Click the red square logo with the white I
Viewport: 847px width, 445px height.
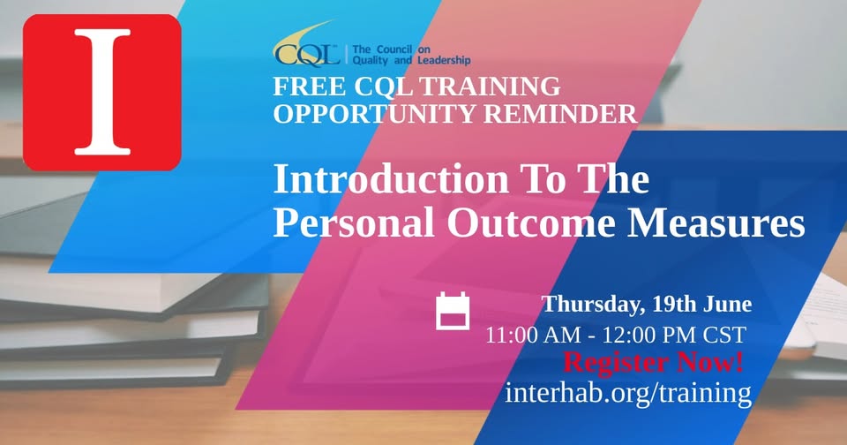[x=102, y=93]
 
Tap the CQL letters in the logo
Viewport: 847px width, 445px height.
[x=307, y=55]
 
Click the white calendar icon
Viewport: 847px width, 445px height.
[x=453, y=311]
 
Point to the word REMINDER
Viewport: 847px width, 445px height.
[x=560, y=114]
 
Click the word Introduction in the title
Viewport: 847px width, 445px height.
[x=391, y=179]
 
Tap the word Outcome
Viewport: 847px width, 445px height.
[x=531, y=222]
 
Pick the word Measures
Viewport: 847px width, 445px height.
[x=716, y=222]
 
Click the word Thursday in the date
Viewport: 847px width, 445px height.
[x=594, y=305]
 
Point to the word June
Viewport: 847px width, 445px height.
[x=727, y=304]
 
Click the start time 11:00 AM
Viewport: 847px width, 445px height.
[x=533, y=336]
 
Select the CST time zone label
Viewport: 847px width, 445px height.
[x=724, y=336]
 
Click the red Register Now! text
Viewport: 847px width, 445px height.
[x=653, y=362]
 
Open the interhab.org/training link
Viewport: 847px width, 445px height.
[x=628, y=393]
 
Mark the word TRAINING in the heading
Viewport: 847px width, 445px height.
[x=490, y=87]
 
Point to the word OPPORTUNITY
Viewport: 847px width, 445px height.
[x=375, y=114]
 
